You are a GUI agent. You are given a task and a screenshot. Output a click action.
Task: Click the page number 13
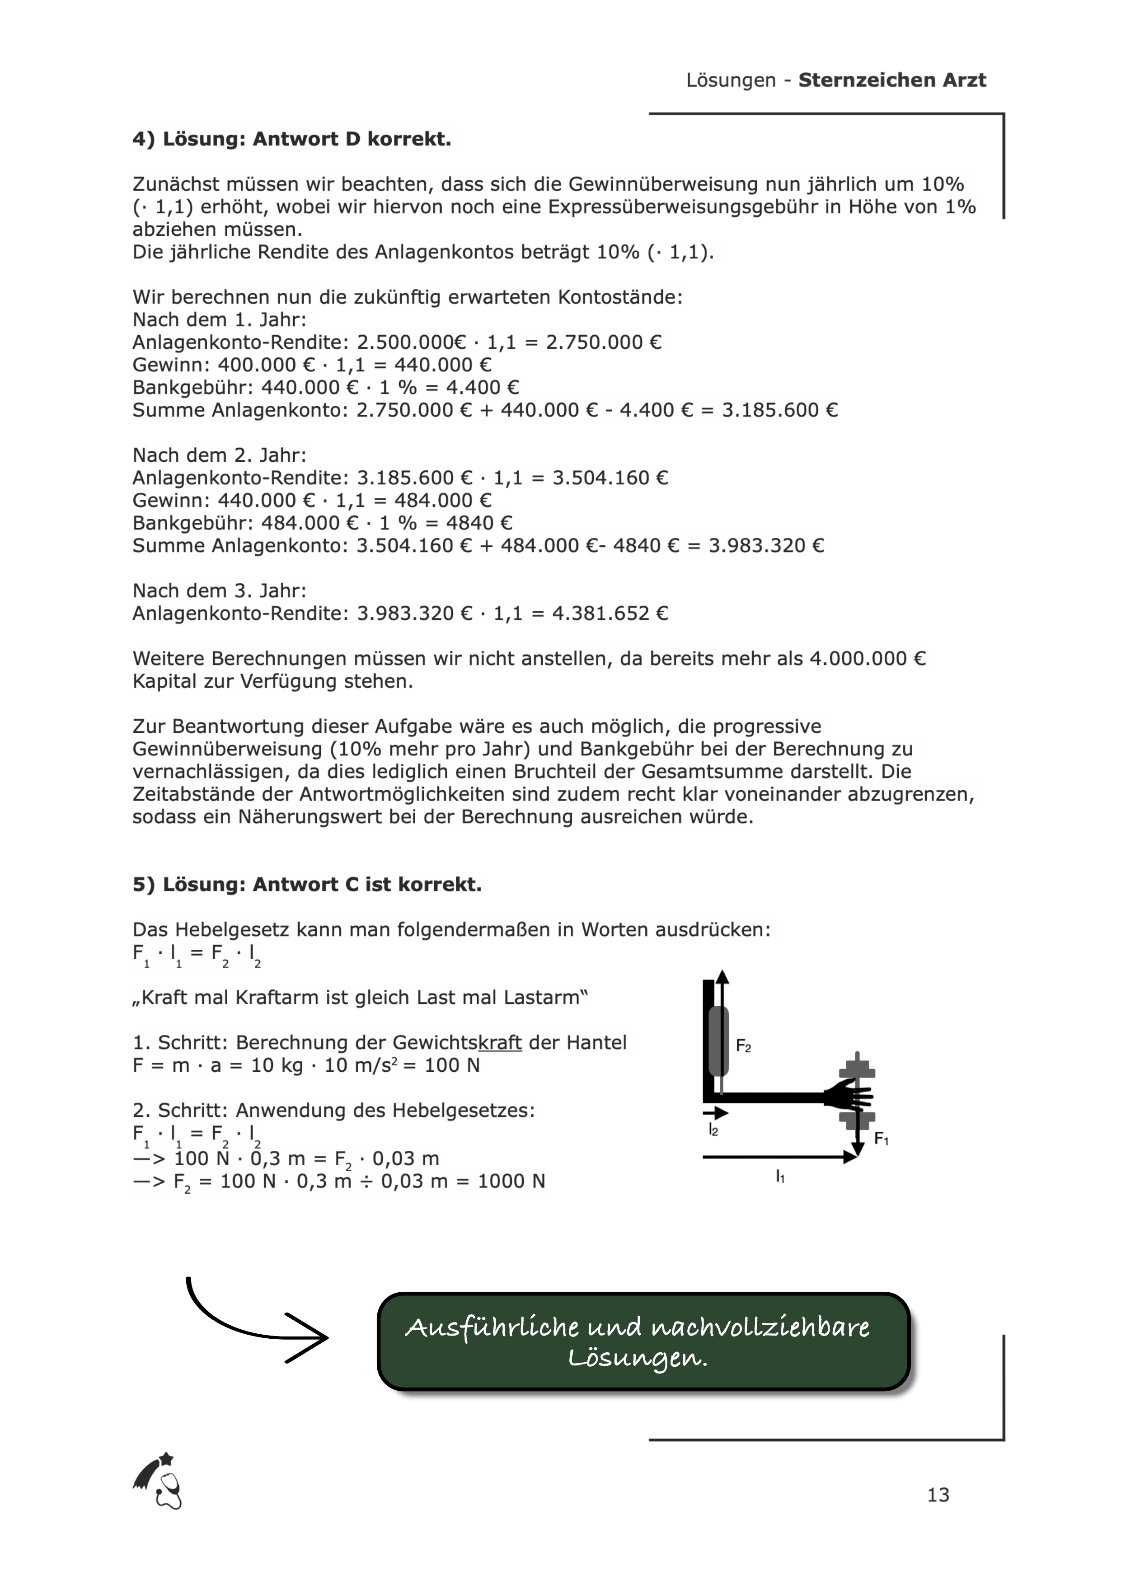938,1495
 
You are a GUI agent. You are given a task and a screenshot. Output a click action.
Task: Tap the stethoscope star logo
158,1482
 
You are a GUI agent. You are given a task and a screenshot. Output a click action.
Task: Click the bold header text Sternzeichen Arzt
892,80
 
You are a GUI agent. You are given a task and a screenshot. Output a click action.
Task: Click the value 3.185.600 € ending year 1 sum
779,410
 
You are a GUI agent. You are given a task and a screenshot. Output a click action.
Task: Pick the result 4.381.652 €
610,613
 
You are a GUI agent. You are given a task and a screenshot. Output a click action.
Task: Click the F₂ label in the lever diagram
743,1046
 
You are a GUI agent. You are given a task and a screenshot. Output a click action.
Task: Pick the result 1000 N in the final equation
511,1181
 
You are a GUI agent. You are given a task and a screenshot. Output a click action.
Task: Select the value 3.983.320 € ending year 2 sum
766,545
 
